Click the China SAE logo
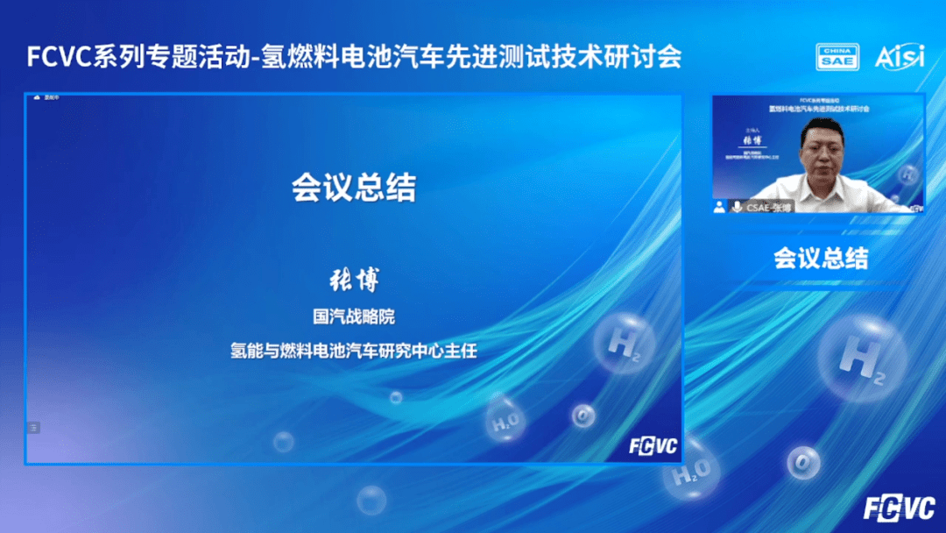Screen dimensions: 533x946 838,57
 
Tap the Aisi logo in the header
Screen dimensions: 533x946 899,57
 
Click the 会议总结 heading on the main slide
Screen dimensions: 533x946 354,187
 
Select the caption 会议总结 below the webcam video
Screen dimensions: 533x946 821,258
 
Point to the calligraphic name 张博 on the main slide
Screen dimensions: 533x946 354,282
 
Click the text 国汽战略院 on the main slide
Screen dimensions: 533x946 354,316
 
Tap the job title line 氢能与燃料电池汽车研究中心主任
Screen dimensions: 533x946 354,351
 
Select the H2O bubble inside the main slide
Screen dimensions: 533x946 506,422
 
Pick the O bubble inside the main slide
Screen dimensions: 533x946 583,415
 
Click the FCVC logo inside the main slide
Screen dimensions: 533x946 653,445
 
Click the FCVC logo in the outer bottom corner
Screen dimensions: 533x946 900,508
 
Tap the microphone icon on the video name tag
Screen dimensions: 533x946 737,207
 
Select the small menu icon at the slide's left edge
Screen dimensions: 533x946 34,427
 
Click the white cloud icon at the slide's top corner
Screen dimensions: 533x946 37,97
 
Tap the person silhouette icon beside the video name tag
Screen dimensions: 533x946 720,207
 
